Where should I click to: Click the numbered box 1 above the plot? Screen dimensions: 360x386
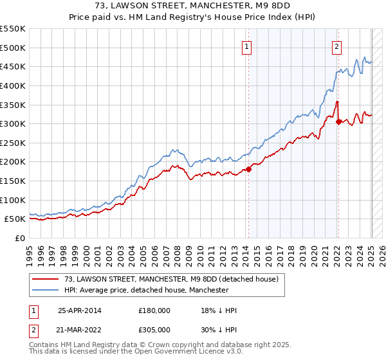coord(248,46)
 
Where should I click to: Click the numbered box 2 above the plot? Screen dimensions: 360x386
coord(336,46)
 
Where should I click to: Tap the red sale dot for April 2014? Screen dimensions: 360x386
coord(248,169)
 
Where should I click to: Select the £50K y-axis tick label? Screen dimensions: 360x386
coord(15,219)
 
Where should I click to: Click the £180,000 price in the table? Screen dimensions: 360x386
coord(154,310)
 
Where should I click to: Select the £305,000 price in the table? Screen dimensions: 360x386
coord(154,328)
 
